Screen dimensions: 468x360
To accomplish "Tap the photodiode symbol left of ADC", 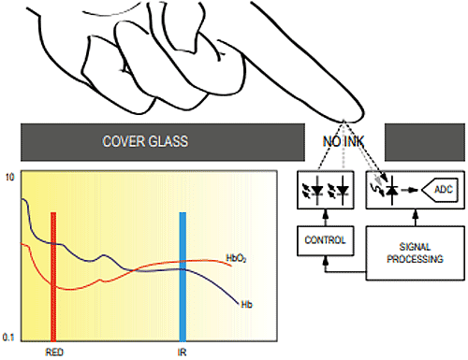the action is [387, 191].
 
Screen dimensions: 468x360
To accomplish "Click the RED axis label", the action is [53, 353].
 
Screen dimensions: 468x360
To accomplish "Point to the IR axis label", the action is [183, 353].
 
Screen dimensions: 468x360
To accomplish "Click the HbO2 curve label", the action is [237, 256].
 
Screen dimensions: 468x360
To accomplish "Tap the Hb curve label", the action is [246, 305].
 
